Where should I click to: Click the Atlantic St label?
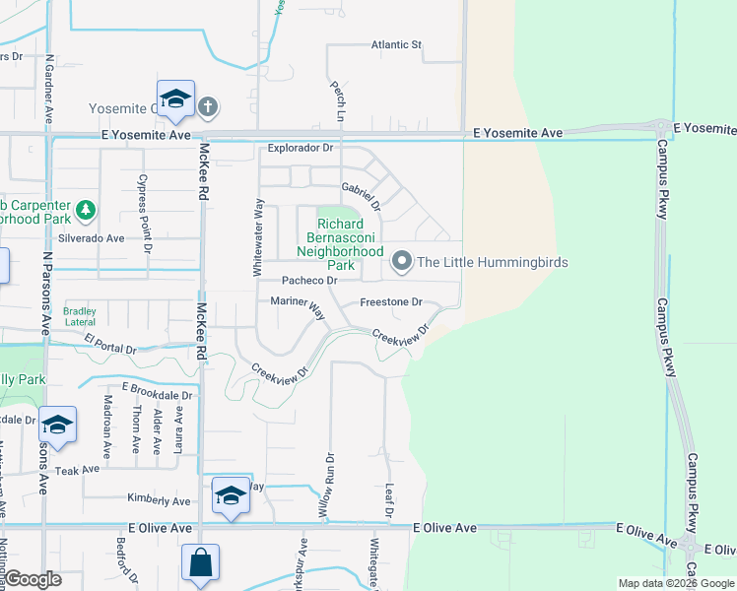tap(396, 45)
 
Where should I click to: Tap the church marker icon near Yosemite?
tap(207, 105)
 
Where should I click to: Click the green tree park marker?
tap(87, 209)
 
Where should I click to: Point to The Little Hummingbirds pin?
tap(401, 262)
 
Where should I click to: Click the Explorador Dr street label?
tap(301, 148)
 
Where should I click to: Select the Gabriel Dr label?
tap(361, 195)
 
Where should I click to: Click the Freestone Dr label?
tap(391, 302)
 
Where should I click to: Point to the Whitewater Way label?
tap(258, 236)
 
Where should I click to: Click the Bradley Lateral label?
tap(81, 315)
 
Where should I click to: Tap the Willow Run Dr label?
tap(327, 486)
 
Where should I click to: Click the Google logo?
tap(33, 579)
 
